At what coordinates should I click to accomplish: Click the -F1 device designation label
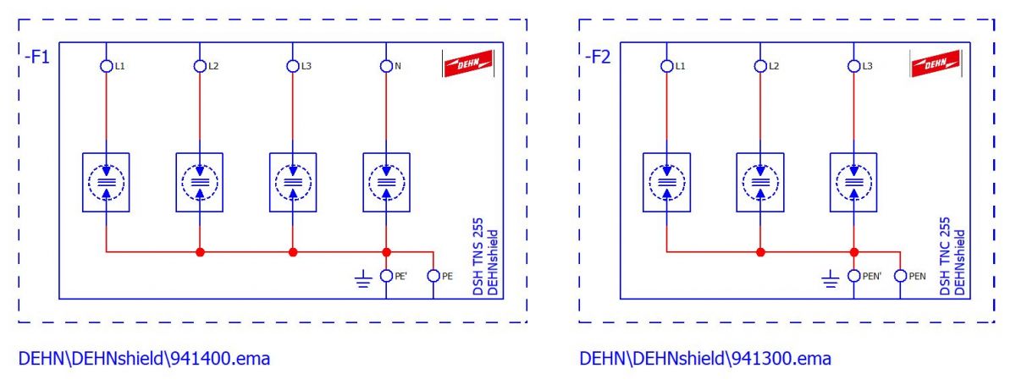point(37,58)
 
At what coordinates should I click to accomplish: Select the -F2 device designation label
point(598,58)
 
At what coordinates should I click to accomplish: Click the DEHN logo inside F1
point(468,63)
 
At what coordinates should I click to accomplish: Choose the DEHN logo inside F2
point(936,63)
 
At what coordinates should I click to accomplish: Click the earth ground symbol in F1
point(363,279)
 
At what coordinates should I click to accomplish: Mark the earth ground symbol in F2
point(831,279)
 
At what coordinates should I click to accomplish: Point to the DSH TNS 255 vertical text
point(478,256)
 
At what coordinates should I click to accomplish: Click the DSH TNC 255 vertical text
point(945,256)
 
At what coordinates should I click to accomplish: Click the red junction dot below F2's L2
point(760,252)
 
